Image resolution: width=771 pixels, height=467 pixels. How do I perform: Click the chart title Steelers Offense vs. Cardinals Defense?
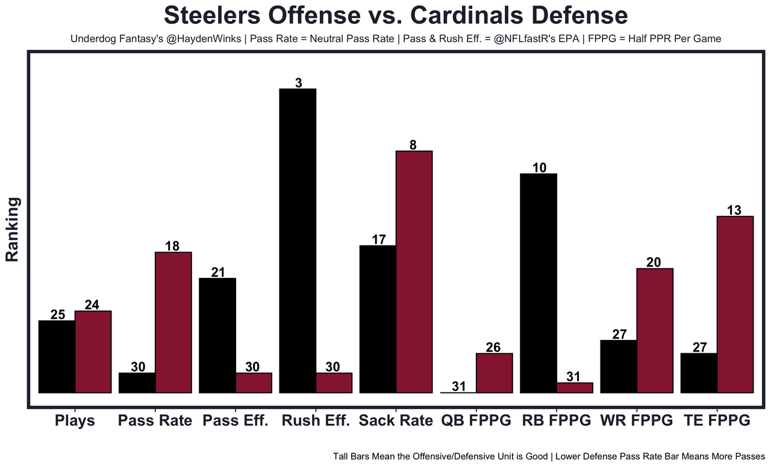click(x=396, y=16)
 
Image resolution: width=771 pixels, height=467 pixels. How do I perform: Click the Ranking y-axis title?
click(x=13, y=229)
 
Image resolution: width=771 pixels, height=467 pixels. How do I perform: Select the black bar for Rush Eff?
click(x=298, y=241)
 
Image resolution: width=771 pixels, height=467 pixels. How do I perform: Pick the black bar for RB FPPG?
click(x=538, y=283)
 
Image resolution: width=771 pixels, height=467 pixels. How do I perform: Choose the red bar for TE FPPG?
click(x=735, y=305)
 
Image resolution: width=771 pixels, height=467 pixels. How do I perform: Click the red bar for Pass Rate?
click(x=173, y=323)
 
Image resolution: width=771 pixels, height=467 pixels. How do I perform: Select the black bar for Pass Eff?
click(x=217, y=335)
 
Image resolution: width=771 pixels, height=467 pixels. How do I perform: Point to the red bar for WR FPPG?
click(x=655, y=330)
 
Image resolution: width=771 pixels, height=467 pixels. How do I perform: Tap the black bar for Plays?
click(x=57, y=356)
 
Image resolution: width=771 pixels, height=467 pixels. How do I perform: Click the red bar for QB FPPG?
click(x=495, y=373)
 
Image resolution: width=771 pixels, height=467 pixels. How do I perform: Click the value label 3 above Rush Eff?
click(x=298, y=83)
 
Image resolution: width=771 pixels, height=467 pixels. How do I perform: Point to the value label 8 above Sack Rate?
click(x=413, y=145)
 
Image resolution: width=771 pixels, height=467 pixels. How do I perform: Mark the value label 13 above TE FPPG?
click(x=734, y=210)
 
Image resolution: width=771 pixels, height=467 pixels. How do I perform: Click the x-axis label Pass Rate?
click(x=155, y=421)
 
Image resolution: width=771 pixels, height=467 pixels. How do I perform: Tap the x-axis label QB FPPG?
click(x=476, y=421)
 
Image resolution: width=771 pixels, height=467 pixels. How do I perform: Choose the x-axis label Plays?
click(x=75, y=421)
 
